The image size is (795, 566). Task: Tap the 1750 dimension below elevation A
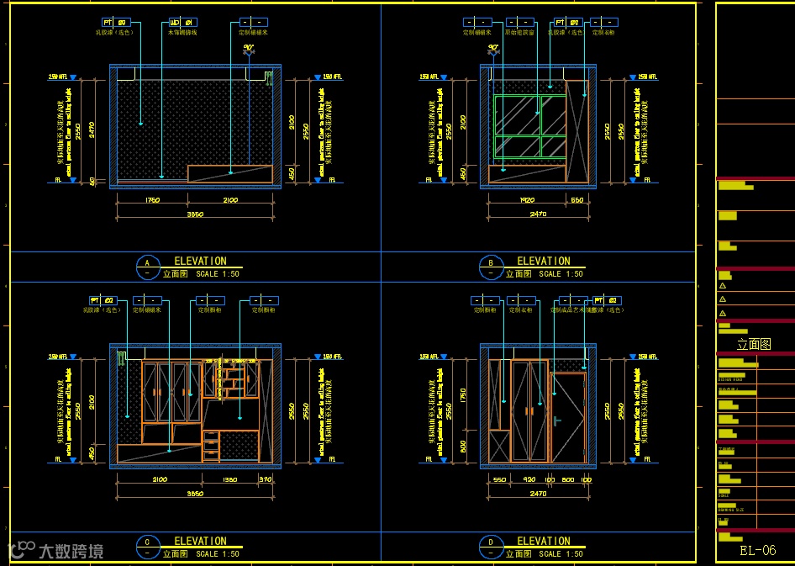click(152, 200)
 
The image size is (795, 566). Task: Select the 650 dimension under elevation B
click(577, 200)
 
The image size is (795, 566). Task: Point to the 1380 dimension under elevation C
click(229, 479)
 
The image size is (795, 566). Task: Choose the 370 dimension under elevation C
click(266, 479)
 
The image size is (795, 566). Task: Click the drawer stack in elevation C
click(211, 445)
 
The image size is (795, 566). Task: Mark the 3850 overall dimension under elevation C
click(194, 494)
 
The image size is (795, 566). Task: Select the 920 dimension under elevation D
click(529, 479)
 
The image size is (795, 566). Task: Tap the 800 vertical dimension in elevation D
click(463, 447)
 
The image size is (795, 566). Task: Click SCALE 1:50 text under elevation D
click(561, 554)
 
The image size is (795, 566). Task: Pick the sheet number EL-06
click(757, 551)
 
